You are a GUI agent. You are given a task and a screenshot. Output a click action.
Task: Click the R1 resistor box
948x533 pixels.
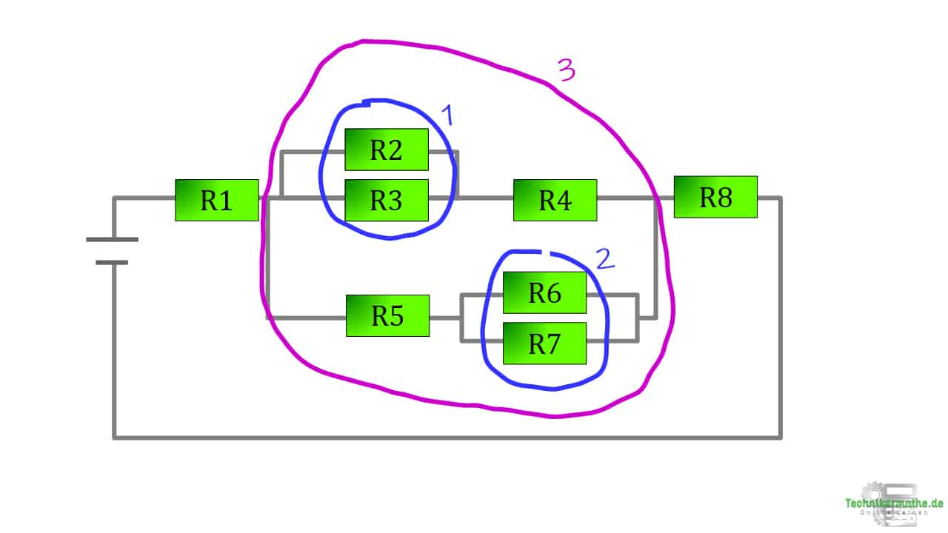tap(216, 200)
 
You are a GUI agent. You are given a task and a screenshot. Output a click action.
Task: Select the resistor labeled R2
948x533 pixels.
tap(386, 150)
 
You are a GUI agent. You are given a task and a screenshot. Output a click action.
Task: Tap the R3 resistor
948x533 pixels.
tap(386, 200)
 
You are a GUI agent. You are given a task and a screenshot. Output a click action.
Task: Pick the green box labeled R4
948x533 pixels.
tap(555, 200)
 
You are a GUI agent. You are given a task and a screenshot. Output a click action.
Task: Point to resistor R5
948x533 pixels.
tap(387, 315)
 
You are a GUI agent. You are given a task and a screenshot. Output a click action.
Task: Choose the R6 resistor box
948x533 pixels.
tap(544, 292)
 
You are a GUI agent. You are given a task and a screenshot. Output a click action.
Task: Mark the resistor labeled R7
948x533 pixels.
tap(544, 343)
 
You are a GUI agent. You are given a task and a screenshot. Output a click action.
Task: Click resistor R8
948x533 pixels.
tap(715, 197)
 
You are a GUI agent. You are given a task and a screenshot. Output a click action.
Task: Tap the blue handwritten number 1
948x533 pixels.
tap(447, 116)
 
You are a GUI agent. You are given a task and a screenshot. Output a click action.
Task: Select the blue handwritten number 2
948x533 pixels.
tap(604, 258)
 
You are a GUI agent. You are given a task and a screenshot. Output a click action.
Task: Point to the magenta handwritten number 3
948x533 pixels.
tap(566, 70)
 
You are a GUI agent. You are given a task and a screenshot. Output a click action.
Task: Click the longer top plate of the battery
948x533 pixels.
tap(112, 239)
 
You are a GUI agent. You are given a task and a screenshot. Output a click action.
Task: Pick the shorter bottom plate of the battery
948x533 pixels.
tap(112, 262)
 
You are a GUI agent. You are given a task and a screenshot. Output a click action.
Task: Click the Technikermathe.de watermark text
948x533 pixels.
tap(894, 503)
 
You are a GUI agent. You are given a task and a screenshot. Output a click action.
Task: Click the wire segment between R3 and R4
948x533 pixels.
tap(485, 198)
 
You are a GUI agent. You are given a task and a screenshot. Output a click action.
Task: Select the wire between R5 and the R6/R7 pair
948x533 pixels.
tap(444, 318)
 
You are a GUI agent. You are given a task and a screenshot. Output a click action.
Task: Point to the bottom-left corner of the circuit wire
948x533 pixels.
tap(115, 437)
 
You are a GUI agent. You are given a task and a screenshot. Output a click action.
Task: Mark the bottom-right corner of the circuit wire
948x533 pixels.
tap(780, 437)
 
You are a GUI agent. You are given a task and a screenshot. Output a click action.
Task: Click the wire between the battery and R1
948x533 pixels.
tap(144, 198)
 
